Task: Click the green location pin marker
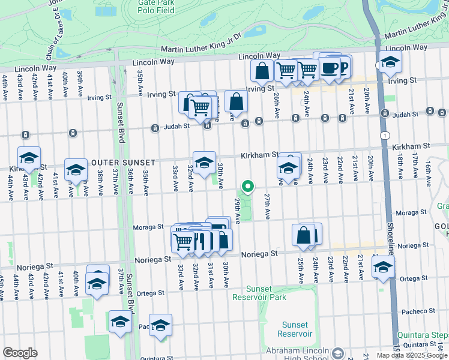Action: [246, 187]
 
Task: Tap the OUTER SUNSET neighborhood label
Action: [122, 163]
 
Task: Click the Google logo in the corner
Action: [20, 353]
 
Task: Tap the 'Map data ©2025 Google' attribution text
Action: [412, 355]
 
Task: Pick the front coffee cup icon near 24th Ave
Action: [328, 68]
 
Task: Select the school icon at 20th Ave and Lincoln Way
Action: [390, 62]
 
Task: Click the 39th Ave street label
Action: [80, 83]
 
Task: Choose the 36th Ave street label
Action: [130, 181]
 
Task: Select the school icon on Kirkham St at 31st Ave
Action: [204, 162]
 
